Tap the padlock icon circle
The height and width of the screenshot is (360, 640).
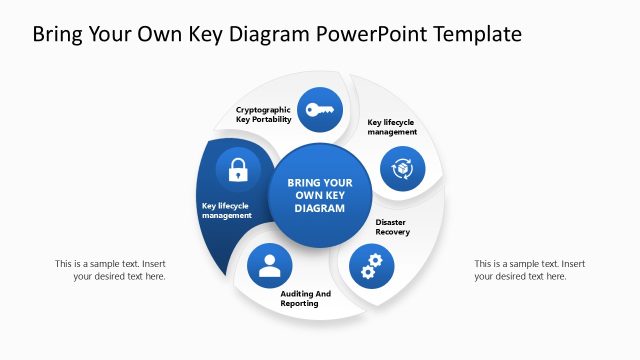click(238, 169)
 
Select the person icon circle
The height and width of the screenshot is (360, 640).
click(269, 265)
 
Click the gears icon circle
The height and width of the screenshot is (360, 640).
click(372, 265)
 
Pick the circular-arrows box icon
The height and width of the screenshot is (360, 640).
click(402, 168)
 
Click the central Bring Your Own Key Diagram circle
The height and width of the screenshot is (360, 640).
click(320, 196)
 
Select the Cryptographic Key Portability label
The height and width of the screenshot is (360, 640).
click(264, 114)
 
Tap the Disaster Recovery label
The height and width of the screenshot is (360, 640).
click(392, 227)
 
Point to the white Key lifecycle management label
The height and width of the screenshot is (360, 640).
click(227, 211)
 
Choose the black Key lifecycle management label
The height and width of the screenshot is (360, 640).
click(391, 127)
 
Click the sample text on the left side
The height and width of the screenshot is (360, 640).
click(110, 270)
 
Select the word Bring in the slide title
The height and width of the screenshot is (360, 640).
click(60, 35)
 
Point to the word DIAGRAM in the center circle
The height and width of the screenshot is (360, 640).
click(320, 210)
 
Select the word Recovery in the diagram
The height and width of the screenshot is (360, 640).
click(392, 232)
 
